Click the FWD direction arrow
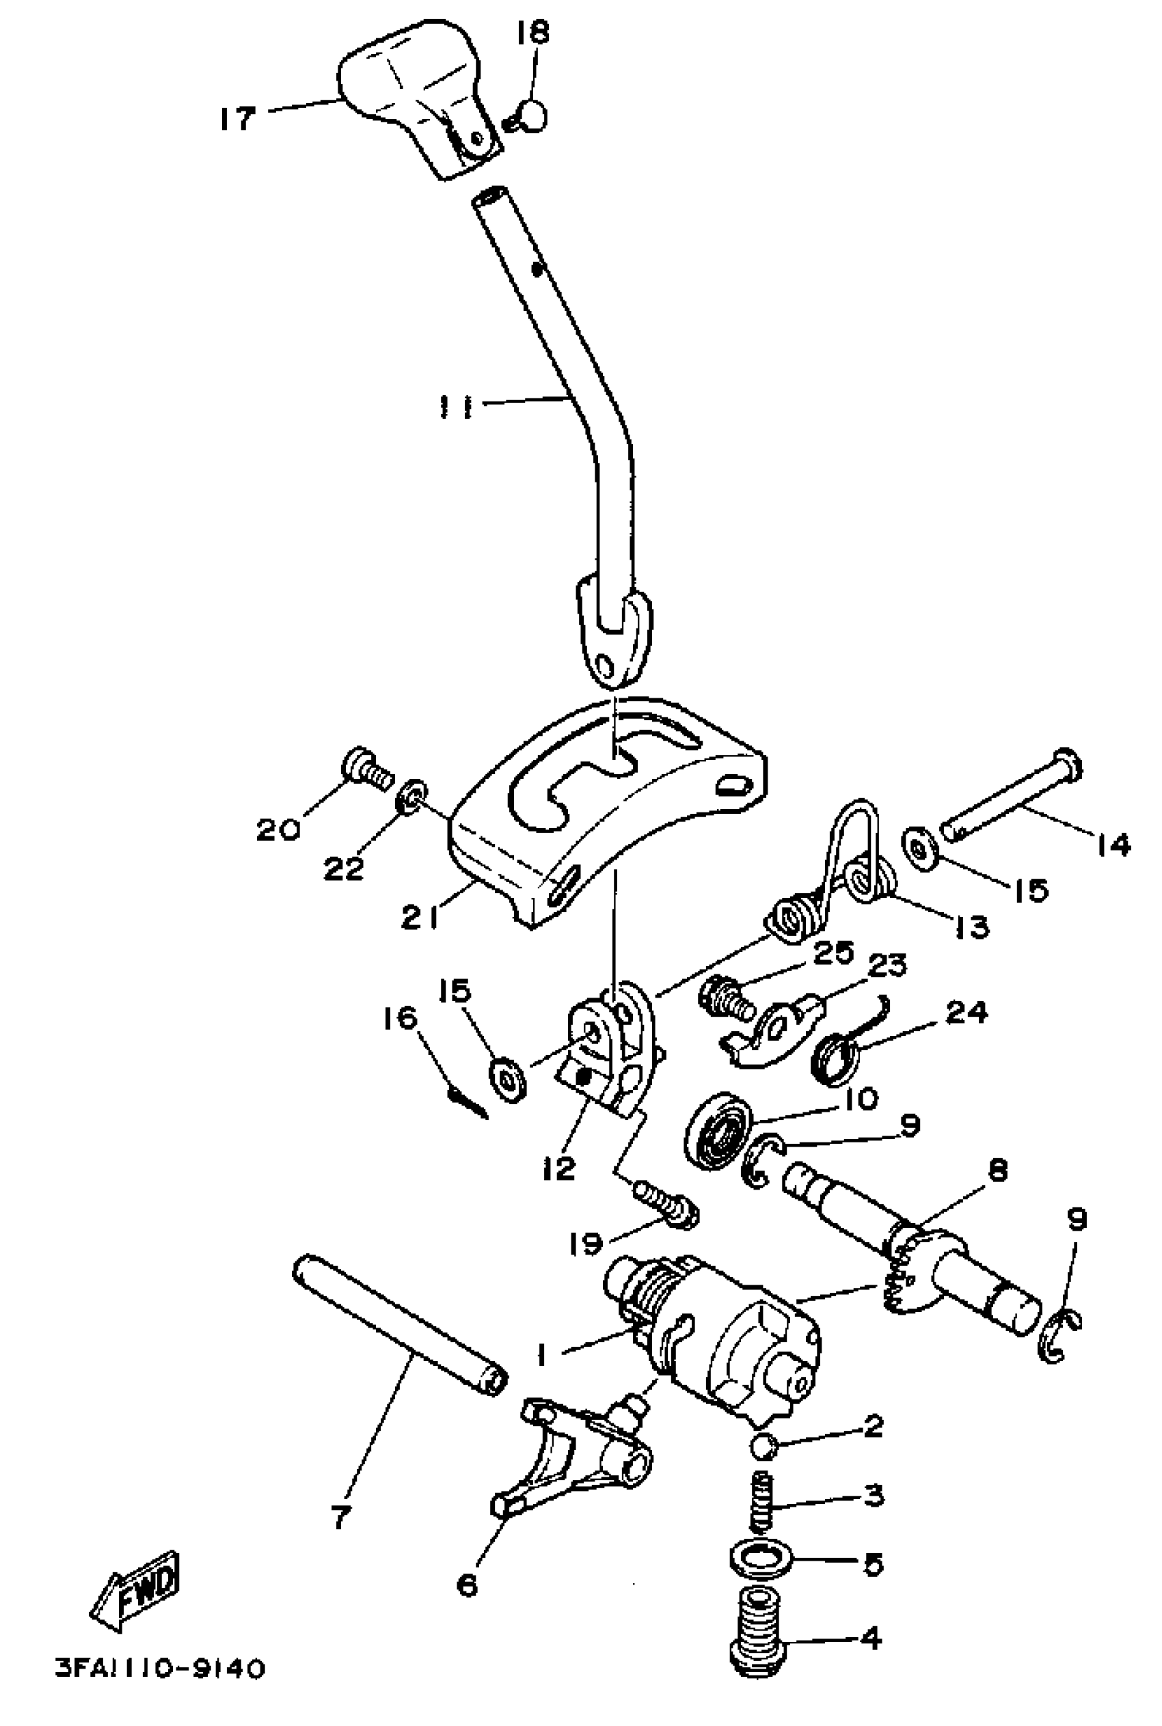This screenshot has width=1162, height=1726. pos(135,1591)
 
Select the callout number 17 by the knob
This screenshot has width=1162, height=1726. pos(237,118)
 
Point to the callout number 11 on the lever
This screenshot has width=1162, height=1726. pos(456,407)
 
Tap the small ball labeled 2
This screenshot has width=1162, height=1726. pos(764,1444)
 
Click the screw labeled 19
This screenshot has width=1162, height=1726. pos(666,1205)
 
